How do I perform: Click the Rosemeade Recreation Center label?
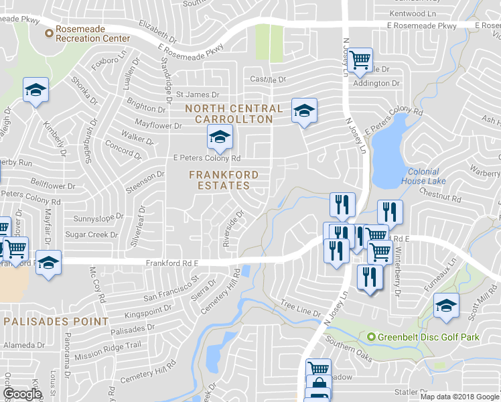[92, 34]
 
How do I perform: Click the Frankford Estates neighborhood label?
[224, 180]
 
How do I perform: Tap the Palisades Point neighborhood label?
[56, 322]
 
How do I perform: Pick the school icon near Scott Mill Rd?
[446, 306]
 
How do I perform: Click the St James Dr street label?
[198, 95]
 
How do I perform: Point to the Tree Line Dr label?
[301, 308]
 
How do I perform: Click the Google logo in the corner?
[22, 394]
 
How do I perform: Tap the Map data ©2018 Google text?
[460, 397]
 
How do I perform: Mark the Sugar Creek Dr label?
[91, 235]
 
